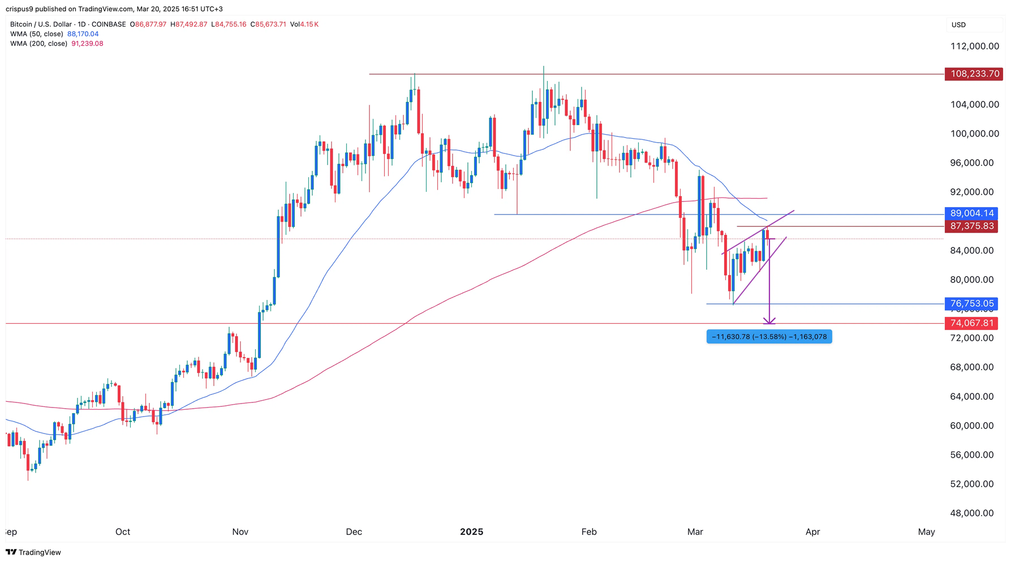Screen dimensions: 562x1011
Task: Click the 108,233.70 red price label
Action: (x=973, y=74)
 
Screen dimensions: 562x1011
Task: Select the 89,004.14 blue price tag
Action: (x=971, y=213)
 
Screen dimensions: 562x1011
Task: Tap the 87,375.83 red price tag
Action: (x=971, y=226)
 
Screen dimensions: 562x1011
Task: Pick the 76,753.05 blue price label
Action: (x=971, y=304)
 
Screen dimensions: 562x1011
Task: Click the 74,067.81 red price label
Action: (x=971, y=323)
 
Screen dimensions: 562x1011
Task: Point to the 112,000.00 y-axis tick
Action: (x=974, y=46)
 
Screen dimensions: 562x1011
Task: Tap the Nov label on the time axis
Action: (x=240, y=532)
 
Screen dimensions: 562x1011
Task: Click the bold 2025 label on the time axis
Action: (x=471, y=532)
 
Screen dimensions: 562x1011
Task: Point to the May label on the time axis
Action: (x=926, y=532)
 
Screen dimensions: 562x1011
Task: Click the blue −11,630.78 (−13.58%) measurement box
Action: (x=769, y=337)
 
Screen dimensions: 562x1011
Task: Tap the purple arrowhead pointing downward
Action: (x=769, y=321)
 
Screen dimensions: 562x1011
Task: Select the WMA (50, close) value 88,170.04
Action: (x=83, y=34)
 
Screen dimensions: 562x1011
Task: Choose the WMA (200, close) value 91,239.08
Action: (x=87, y=44)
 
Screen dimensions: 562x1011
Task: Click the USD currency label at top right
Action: (x=958, y=25)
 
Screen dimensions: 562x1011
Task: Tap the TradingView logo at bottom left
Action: (x=33, y=552)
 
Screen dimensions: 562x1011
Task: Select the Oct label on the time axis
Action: (x=123, y=532)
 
